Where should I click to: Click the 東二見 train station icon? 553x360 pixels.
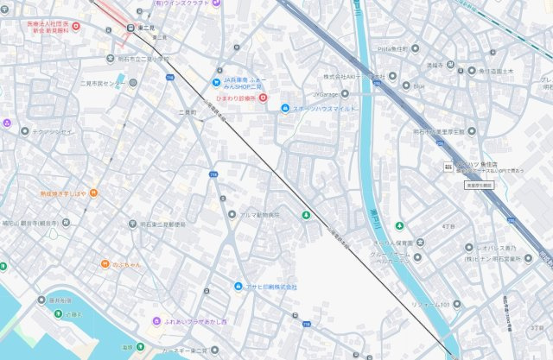click(130, 28)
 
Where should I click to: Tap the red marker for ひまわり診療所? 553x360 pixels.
click(263, 98)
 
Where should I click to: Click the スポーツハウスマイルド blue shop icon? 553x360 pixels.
click(285, 108)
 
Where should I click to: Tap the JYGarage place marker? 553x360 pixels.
click(345, 93)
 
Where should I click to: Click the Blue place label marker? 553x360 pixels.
click(405, 86)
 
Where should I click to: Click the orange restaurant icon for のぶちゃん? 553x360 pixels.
click(104, 263)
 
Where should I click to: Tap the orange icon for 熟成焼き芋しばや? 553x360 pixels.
click(93, 193)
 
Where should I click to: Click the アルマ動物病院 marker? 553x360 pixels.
click(232, 214)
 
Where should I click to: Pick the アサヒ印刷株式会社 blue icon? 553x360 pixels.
click(238, 287)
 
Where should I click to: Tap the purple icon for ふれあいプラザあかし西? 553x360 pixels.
click(156, 321)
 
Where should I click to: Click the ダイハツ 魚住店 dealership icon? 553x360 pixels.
click(448, 165)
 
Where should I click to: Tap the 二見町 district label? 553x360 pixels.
click(187, 112)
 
